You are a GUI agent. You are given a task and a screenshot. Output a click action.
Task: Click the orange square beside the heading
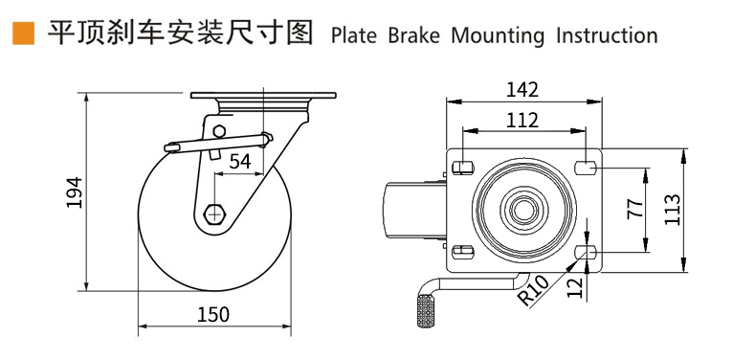23,34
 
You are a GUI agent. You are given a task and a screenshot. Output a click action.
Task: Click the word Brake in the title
413,35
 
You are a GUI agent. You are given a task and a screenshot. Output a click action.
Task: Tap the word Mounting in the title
498,36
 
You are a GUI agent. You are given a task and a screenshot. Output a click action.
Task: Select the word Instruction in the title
607,35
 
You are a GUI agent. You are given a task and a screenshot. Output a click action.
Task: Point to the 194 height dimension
75,192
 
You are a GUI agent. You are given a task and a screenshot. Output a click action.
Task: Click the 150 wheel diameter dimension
213,315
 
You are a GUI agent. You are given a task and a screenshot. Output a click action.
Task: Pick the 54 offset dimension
240,162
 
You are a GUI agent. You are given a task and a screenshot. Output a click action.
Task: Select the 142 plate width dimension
522,90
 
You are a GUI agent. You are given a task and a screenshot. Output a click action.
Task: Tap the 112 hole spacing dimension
522,121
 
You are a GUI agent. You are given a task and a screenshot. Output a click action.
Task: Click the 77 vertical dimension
635,209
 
